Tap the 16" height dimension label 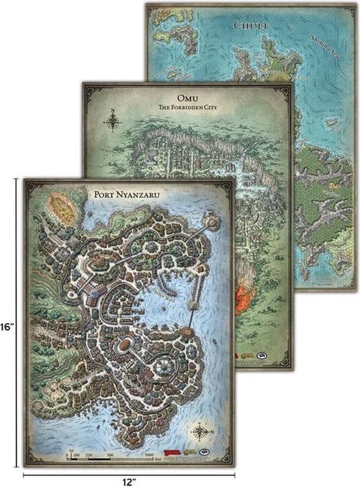click(x=7, y=328)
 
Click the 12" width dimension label click(x=129, y=482)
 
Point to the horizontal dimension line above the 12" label click(x=129, y=473)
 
